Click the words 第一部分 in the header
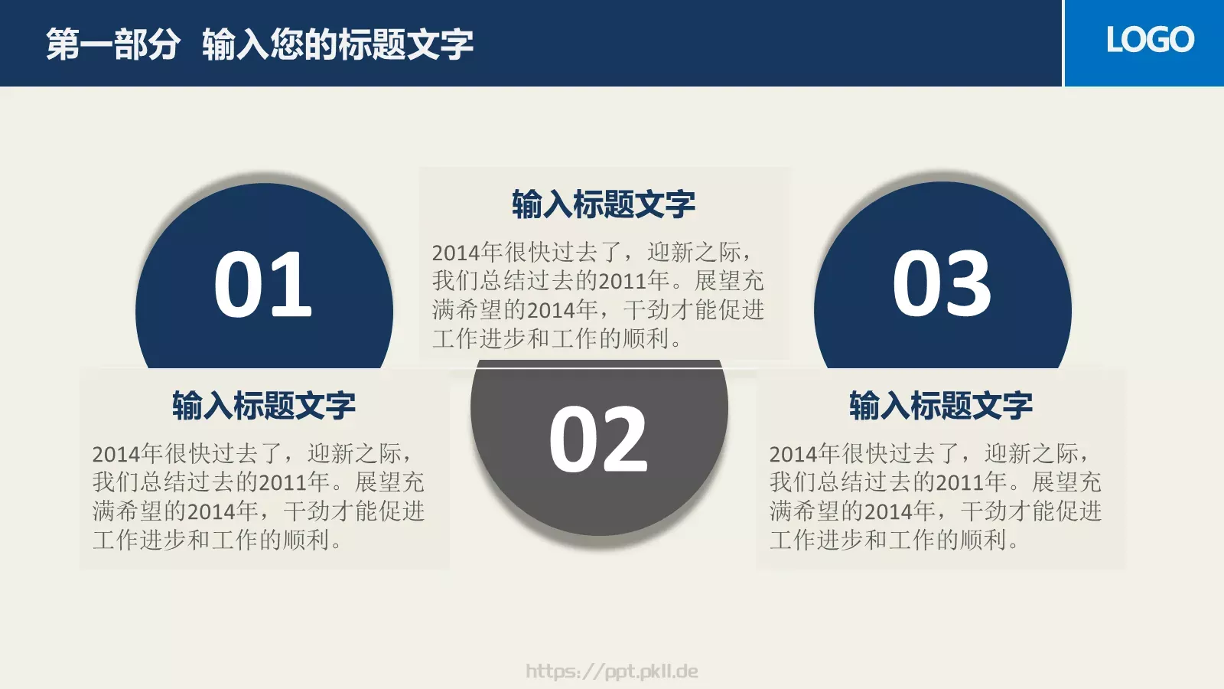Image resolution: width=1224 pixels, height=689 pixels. [113, 44]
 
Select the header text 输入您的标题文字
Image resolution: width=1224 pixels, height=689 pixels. [337, 44]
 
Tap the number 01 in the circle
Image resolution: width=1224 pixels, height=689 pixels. [263, 285]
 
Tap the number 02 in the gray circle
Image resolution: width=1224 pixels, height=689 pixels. [598, 440]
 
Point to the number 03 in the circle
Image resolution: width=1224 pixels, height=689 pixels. [942, 285]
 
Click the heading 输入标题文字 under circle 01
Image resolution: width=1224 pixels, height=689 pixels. [264, 406]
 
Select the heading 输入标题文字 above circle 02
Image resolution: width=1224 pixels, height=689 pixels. [604, 204]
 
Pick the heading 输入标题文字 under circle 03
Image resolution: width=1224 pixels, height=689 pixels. [941, 406]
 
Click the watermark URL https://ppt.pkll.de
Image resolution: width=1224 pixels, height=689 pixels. [612, 671]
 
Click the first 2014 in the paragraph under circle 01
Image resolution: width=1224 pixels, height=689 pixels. [116, 454]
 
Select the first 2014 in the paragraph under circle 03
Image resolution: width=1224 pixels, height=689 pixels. [793, 454]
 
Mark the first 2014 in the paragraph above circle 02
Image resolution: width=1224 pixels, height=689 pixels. [456, 253]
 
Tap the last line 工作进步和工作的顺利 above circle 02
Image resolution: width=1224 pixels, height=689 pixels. [556, 339]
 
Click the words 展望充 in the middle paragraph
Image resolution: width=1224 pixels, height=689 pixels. [729, 281]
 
